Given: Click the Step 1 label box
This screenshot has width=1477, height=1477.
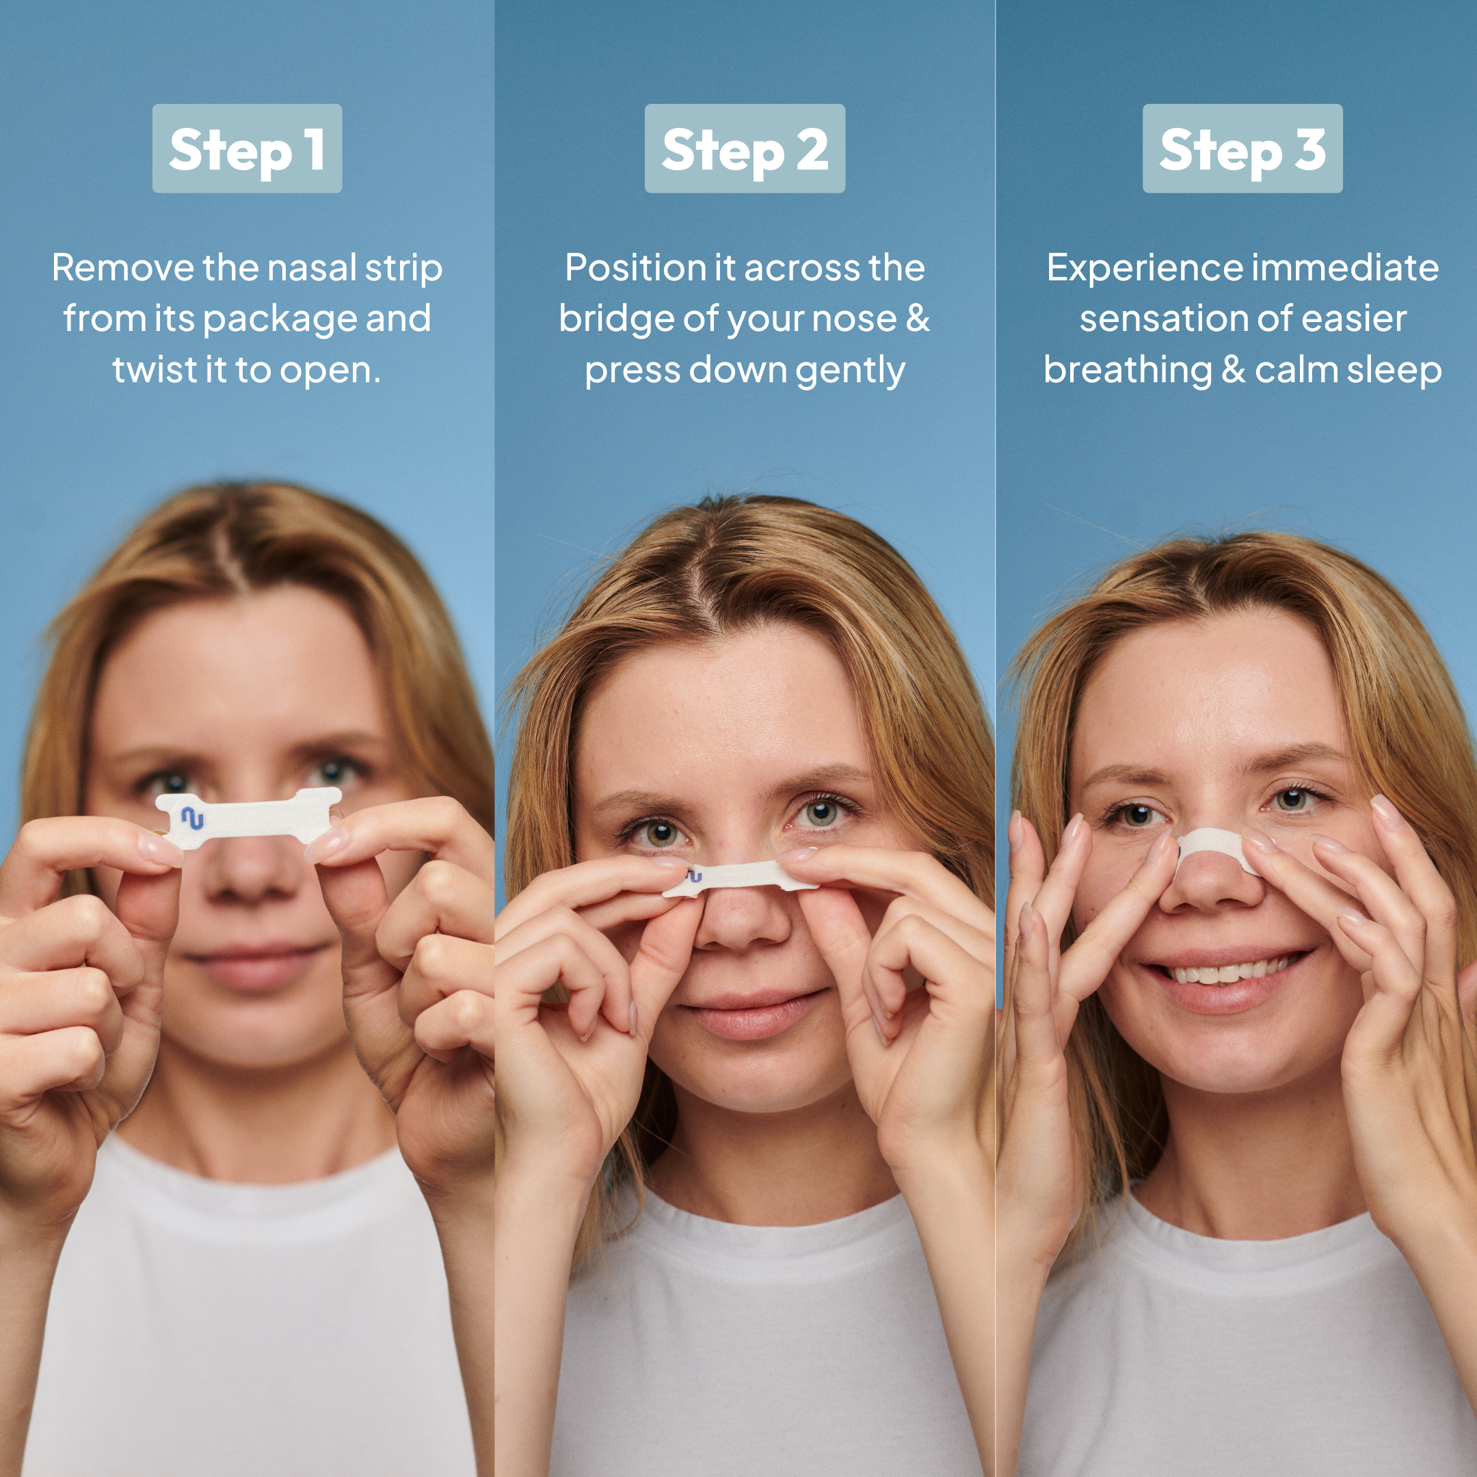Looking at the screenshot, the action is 247,148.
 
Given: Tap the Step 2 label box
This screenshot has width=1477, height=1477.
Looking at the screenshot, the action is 745,148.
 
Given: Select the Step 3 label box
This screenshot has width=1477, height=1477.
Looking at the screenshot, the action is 1242,148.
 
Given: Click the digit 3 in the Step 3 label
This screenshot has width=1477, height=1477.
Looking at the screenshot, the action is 1310,149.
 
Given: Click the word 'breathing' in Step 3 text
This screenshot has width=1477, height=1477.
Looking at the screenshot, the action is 1128,371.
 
